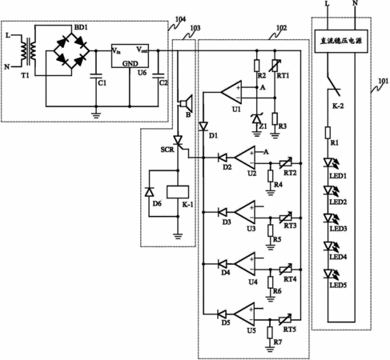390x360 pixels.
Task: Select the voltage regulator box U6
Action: [x=130, y=56]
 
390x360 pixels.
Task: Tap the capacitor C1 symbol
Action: [x=96, y=76]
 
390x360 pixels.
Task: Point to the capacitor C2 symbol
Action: [x=158, y=76]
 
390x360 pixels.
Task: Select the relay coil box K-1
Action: [x=178, y=192]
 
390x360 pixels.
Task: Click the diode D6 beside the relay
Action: [x=149, y=192]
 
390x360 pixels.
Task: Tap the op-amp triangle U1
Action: [x=231, y=92]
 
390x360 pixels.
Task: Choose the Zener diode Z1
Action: [x=257, y=119]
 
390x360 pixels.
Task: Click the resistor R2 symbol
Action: [x=257, y=66]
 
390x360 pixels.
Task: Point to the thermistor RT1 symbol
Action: [x=275, y=66]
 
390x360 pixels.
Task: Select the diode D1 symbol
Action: [x=203, y=126]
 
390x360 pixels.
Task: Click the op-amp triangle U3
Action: [x=245, y=212]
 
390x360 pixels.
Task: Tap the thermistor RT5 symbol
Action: [x=285, y=319]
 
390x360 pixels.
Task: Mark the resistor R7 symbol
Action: [x=270, y=332]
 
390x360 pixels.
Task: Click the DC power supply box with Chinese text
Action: [x=341, y=41]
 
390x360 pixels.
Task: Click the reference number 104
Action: [x=180, y=19]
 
